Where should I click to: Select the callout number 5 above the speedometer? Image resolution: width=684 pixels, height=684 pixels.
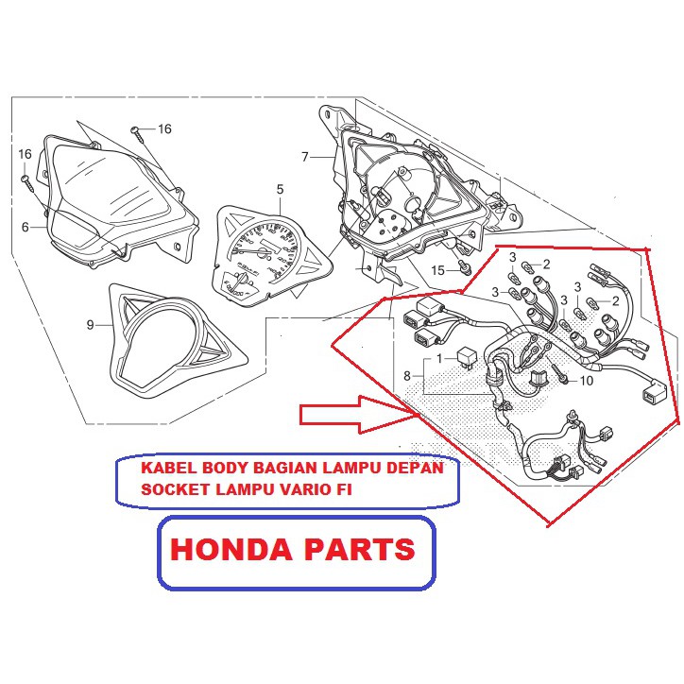[x=280, y=190]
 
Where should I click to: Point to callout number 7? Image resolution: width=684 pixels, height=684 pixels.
[x=305, y=157]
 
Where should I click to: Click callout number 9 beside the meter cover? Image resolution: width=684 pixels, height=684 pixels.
[x=91, y=325]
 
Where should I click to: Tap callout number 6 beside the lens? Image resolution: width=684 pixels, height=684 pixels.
[x=26, y=227]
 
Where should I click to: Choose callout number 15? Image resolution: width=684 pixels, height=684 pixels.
[x=437, y=270]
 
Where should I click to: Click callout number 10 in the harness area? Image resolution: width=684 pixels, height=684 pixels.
[x=586, y=381]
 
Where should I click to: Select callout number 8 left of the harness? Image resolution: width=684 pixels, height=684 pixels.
[x=407, y=376]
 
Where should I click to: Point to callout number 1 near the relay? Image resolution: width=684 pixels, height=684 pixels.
[x=438, y=360]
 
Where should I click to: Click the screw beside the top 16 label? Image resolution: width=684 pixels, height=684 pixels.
[x=138, y=131]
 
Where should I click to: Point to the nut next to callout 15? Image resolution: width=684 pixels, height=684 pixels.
[x=464, y=270]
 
